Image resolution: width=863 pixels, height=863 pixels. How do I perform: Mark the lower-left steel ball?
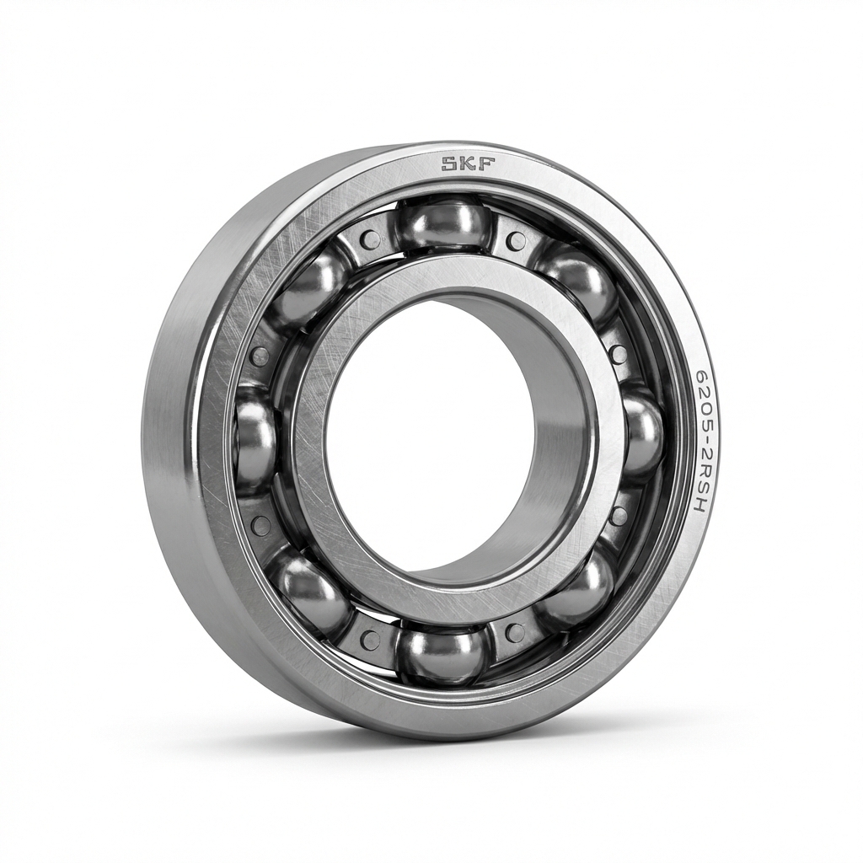click(x=308, y=591)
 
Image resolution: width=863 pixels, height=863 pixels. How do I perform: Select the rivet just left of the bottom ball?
click(x=370, y=639)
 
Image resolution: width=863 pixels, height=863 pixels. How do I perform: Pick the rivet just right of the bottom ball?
click(x=515, y=633)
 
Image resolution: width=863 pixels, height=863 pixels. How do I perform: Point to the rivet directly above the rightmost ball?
click(x=619, y=354)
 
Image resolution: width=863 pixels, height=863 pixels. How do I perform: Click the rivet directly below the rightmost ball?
click(x=619, y=516)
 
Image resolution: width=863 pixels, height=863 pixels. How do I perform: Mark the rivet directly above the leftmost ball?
click(x=260, y=355)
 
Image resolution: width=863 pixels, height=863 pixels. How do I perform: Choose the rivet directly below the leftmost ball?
click(x=261, y=526)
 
